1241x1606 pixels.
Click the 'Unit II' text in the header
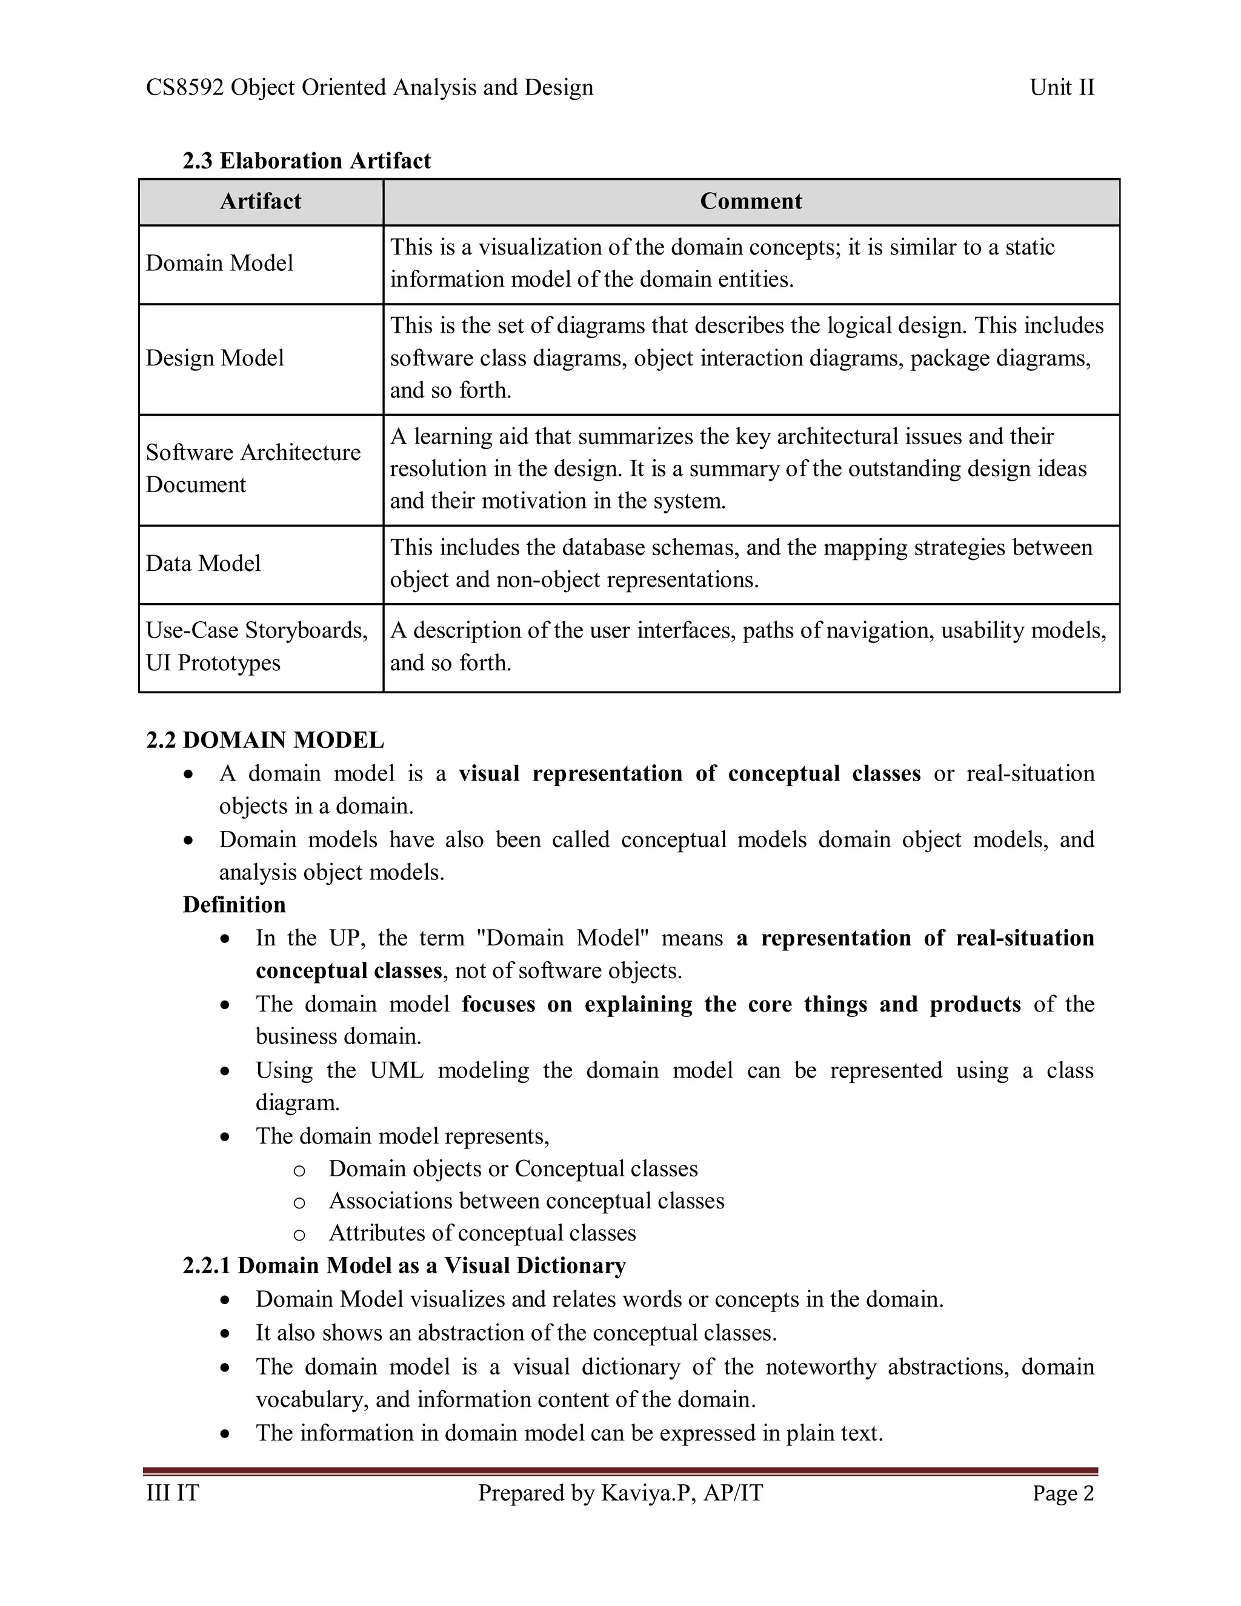(1062, 87)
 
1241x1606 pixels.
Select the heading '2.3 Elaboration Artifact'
(307, 161)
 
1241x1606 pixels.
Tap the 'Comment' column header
(751, 201)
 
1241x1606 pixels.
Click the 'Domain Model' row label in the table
(219, 263)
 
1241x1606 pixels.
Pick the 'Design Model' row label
(215, 358)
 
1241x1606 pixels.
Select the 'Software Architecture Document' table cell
(253, 468)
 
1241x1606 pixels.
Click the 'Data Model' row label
(203, 563)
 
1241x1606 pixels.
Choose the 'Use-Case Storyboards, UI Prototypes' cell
(256, 647)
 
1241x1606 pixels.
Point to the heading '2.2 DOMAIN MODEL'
(265, 740)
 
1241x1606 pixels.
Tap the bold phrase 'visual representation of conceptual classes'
(689, 773)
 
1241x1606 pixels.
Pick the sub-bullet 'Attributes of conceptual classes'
(482, 1233)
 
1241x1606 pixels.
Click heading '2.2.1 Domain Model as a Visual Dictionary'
(404, 1265)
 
